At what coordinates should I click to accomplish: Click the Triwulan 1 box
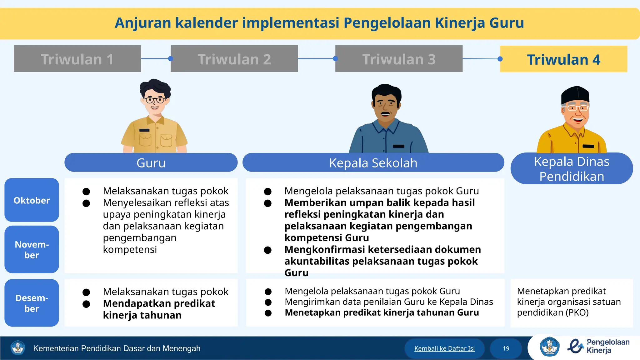point(77,59)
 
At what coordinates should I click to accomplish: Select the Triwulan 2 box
point(234,59)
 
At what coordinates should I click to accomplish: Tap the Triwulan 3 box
point(399,59)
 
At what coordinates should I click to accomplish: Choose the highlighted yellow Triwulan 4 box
point(563,59)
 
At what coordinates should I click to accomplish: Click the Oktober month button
point(32,200)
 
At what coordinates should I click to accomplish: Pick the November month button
point(32,249)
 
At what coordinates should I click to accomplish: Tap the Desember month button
point(32,303)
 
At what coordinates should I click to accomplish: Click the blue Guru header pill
point(151,162)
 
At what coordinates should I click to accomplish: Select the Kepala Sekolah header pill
point(373,162)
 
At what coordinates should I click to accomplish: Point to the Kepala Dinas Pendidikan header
point(572,169)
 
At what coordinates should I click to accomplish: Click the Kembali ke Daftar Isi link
point(444,348)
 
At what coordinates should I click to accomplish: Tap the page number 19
point(506,348)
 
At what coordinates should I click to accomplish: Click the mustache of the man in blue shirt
point(386,113)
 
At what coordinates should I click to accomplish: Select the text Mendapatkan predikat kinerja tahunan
point(159,309)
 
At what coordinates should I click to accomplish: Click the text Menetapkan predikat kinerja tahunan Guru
point(382,312)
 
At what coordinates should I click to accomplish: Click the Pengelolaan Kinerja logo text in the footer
point(607,346)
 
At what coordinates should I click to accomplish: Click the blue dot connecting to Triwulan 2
point(171,58)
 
